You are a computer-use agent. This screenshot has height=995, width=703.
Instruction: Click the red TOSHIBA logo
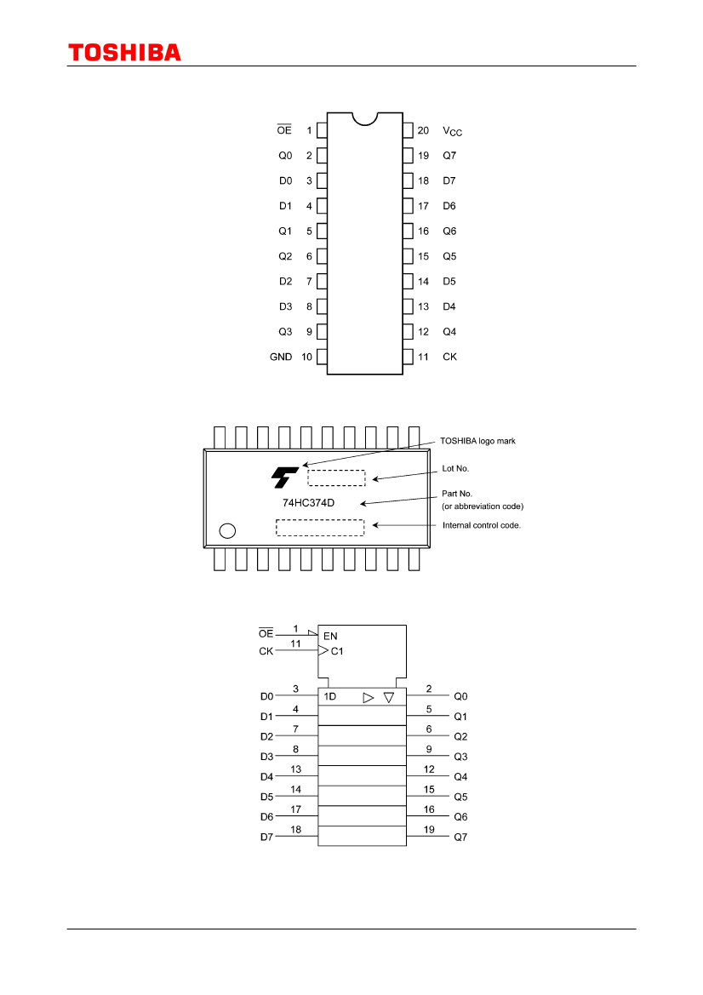(x=124, y=53)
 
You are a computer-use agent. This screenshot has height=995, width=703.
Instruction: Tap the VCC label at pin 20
(x=453, y=131)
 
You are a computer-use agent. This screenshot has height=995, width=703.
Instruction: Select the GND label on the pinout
(x=281, y=357)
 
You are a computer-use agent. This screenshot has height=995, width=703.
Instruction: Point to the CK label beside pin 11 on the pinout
(x=450, y=357)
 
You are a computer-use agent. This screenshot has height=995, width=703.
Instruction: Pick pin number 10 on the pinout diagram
(x=306, y=357)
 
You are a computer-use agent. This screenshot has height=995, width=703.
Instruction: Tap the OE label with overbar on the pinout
(x=284, y=129)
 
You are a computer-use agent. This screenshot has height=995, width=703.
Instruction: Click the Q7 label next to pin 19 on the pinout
(x=449, y=156)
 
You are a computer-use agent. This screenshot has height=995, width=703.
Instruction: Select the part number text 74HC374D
(x=308, y=502)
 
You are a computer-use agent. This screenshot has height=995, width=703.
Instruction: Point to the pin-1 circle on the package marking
(x=227, y=530)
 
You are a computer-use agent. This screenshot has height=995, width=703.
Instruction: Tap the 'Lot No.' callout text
(x=455, y=468)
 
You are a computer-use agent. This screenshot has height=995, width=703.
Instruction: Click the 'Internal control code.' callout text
(x=482, y=525)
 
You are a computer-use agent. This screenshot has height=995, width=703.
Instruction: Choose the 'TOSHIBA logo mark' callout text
(x=477, y=441)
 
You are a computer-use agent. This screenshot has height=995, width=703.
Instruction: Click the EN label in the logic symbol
(x=330, y=636)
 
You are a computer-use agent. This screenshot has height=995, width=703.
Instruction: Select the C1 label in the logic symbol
(x=337, y=651)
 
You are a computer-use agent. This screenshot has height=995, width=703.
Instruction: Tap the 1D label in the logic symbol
(x=330, y=696)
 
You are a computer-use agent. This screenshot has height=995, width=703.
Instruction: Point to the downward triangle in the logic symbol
(x=389, y=697)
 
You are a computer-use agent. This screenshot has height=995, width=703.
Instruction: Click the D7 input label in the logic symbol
(x=266, y=837)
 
